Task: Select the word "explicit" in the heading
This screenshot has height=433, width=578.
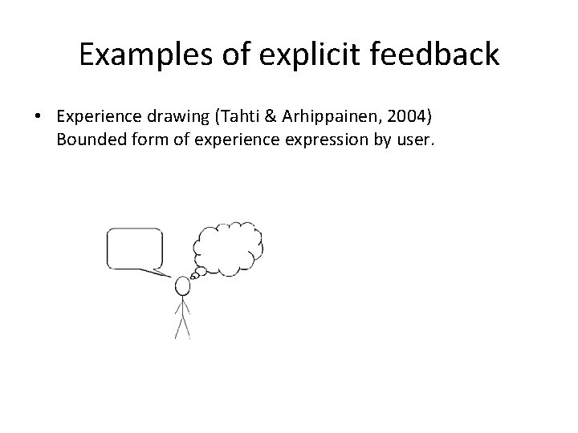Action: point(309,55)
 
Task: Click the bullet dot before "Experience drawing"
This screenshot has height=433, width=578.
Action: point(38,117)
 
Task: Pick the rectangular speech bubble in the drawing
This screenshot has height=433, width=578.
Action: point(135,249)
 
